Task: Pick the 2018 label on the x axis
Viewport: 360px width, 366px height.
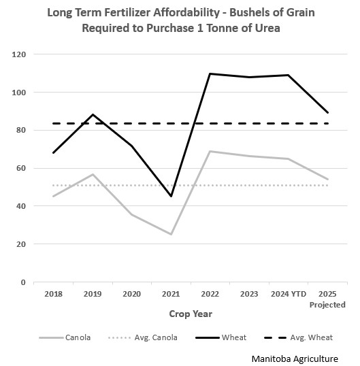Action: point(53,295)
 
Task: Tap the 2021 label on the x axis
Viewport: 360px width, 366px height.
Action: point(171,295)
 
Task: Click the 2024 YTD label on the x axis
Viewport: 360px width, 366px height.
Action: point(288,295)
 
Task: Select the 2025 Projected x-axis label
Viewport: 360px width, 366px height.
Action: point(327,299)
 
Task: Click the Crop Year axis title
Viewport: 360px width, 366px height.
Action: point(191,314)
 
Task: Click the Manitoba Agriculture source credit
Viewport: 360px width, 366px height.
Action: point(304,357)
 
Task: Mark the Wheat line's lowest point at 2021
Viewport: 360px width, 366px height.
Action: point(171,196)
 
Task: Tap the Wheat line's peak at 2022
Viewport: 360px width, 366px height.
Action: point(210,73)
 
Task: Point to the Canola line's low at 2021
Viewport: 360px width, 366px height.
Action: point(171,234)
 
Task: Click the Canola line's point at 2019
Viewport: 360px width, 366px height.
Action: point(93,174)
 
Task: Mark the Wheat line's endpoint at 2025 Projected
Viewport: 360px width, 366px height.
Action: point(327,112)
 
